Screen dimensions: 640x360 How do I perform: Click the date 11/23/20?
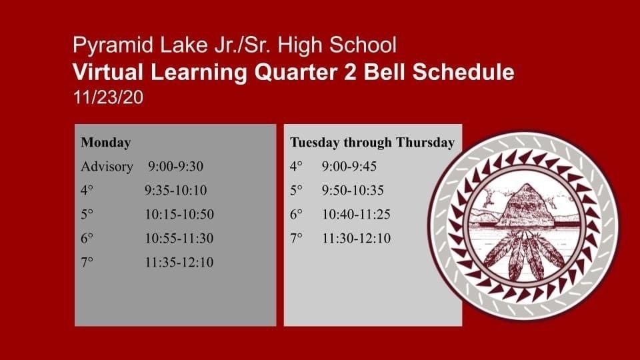click(x=108, y=97)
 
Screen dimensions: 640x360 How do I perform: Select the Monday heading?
click(x=106, y=143)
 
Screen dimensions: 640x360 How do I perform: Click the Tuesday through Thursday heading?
click(x=372, y=143)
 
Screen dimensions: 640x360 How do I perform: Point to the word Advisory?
click(x=107, y=167)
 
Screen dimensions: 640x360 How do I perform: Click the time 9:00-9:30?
click(x=175, y=166)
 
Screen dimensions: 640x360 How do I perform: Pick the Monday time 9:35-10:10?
click(x=176, y=190)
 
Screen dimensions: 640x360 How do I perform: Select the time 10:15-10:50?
click(x=179, y=214)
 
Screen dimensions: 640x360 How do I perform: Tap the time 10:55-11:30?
click(x=179, y=239)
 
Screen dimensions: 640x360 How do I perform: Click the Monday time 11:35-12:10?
click(x=179, y=262)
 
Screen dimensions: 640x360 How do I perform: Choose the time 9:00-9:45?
click(x=349, y=166)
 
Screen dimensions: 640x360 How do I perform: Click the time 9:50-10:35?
click(x=353, y=190)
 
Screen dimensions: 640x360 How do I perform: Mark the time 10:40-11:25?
click(x=356, y=214)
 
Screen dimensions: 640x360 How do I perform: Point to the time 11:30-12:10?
click(x=356, y=239)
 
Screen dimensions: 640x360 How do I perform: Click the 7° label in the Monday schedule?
click(x=87, y=262)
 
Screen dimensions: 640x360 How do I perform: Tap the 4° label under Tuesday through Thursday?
click(x=296, y=166)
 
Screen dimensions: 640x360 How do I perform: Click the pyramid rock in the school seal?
click(x=525, y=206)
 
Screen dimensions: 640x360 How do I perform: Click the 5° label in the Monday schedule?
click(x=87, y=214)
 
